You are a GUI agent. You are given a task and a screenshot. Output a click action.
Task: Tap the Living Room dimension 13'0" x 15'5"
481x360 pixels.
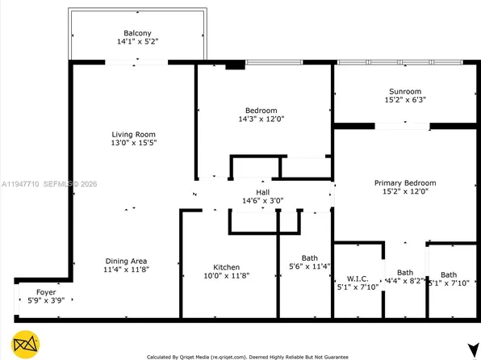(133, 144)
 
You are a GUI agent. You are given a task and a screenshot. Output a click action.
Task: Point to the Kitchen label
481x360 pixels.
(226, 267)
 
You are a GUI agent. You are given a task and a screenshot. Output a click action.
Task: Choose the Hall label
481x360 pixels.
(263, 191)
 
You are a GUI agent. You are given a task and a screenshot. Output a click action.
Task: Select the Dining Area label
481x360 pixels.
(126, 261)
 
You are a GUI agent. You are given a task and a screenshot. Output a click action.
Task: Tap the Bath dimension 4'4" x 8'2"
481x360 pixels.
(404, 283)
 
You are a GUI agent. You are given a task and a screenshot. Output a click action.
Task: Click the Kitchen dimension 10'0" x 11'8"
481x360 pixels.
(226, 277)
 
